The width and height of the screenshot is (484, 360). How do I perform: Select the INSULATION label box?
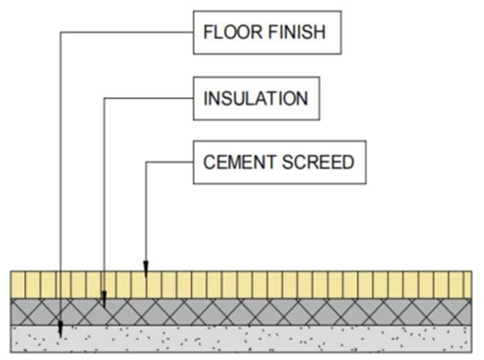click(256, 98)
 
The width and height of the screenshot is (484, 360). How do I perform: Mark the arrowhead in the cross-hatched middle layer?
click(104, 299)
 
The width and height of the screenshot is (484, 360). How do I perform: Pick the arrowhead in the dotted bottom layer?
click(61, 330)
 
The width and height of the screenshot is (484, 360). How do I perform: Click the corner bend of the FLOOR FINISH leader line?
click(61, 32)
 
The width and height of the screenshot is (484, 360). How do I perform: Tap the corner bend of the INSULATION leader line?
click(104, 98)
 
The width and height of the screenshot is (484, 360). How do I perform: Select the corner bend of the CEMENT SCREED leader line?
click(146, 162)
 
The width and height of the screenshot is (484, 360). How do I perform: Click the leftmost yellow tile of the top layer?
click(19, 284)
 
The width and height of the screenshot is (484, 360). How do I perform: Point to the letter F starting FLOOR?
click(207, 32)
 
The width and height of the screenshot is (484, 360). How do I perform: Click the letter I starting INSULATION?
click(205, 98)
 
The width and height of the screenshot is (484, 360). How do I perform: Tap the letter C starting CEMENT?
click(209, 162)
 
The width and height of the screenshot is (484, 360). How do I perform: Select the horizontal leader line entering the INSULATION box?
click(148, 98)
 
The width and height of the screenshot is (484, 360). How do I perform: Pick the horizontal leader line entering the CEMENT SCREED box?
click(169, 162)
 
